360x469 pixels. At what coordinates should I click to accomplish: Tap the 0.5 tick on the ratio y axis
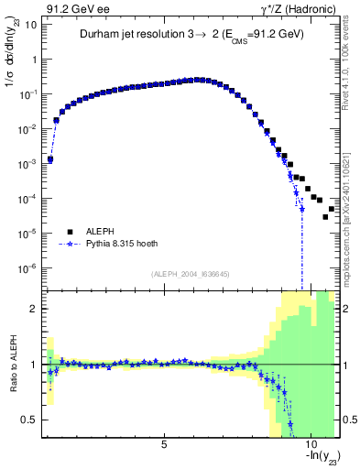click(x=32, y=420)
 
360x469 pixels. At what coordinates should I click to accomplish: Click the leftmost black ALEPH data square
click(x=50, y=159)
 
